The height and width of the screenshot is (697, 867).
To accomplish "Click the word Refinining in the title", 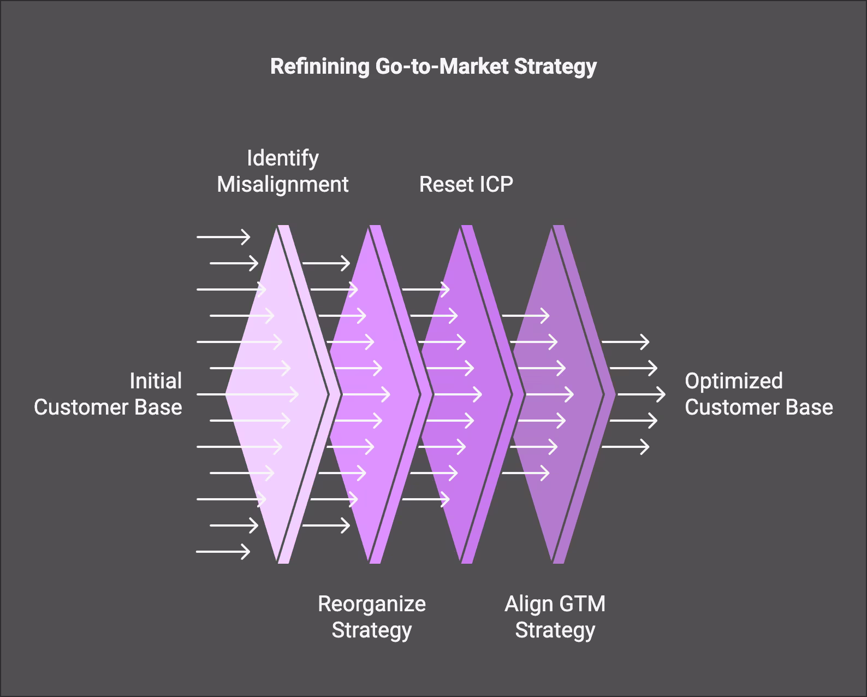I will pos(320,66).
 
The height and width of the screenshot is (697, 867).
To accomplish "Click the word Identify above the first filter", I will pos(282,158).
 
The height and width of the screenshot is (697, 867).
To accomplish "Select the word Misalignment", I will pos(282,185).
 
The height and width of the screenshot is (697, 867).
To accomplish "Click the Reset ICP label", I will pos(466,185).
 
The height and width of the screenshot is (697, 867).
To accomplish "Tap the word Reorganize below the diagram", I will pos(371,604).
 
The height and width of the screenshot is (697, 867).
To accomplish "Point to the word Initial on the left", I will pos(156,381).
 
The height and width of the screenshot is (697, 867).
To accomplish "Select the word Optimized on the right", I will pos(733,381).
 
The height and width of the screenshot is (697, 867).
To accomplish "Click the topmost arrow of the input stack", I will pos(223,237).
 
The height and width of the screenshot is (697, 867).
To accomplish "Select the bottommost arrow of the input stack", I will pos(223,552).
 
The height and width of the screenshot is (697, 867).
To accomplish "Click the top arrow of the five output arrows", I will pos(625,342).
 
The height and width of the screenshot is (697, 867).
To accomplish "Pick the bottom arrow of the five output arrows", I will pos(625,447).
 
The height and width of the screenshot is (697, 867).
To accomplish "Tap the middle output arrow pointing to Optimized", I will pos(642,394).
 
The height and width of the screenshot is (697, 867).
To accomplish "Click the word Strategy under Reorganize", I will pos(371,630).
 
